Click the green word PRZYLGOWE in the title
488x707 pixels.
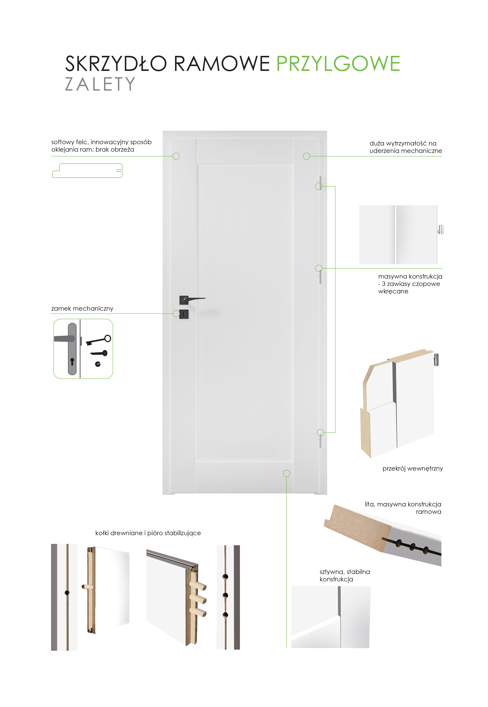tap(338, 64)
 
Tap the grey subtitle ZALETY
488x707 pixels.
tap(100, 84)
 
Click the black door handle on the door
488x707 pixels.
tap(192, 300)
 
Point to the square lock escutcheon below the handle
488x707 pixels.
tap(184, 314)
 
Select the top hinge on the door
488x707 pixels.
tap(320, 183)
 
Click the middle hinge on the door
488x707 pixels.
tap(320, 276)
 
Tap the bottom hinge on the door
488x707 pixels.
tap(320, 441)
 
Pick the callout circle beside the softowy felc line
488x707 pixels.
tap(176, 156)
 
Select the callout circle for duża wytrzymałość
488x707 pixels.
tap(306, 156)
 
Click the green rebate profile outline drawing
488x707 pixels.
tap(87, 171)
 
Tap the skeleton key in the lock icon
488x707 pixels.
tap(99, 340)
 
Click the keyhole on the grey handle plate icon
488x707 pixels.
tap(72, 362)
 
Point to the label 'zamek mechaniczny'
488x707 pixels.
tap(82, 309)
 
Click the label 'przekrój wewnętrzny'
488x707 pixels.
tap(412, 469)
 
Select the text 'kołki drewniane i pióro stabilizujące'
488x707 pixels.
tap(148, 533)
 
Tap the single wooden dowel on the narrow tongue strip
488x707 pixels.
tap(86, 587)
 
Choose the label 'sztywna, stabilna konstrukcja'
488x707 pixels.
tap(345, 575)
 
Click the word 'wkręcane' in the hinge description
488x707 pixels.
tap(393, 291)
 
